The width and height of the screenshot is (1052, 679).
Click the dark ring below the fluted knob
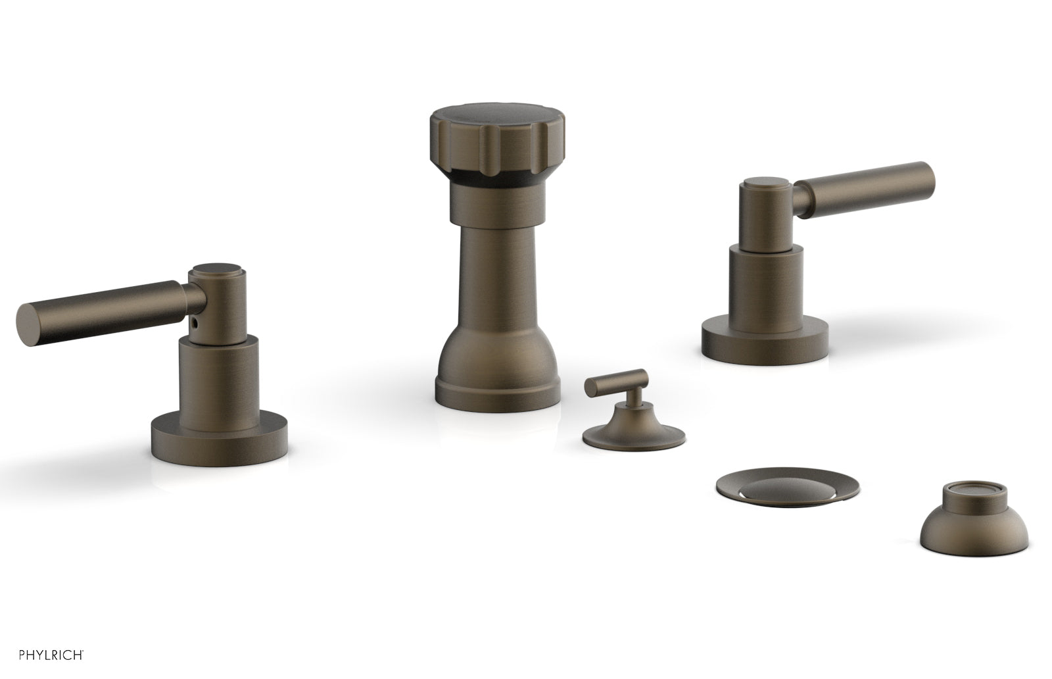point(493,176)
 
